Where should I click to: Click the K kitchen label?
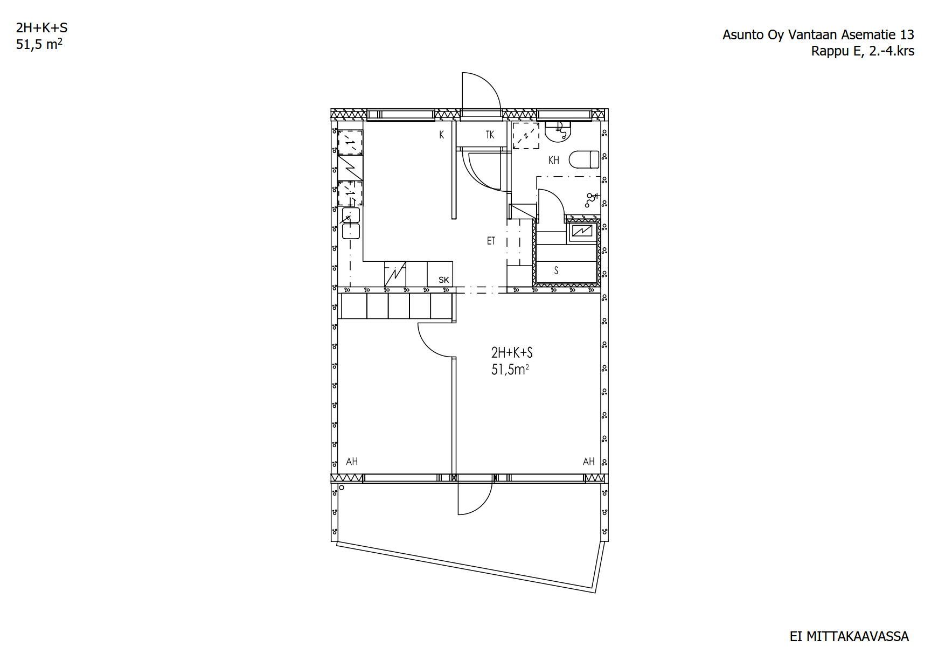[x=441, y=135]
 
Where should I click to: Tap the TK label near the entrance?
[x=490, y=135]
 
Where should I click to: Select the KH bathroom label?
[x=554, y=160]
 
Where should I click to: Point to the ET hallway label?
[x=491, y=241]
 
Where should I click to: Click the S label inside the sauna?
[x=556, y=270]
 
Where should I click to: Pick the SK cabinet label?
[x=444, y=280]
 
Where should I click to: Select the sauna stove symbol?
[x=581, y=232]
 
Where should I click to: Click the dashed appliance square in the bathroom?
[x=525, y=135]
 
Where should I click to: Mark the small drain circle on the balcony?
[x=342, y=488]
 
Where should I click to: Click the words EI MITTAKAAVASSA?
[x=849, y=637]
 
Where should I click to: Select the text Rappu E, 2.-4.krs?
[x=863, y=51]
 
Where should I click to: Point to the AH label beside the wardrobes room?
[x=352, y=462]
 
